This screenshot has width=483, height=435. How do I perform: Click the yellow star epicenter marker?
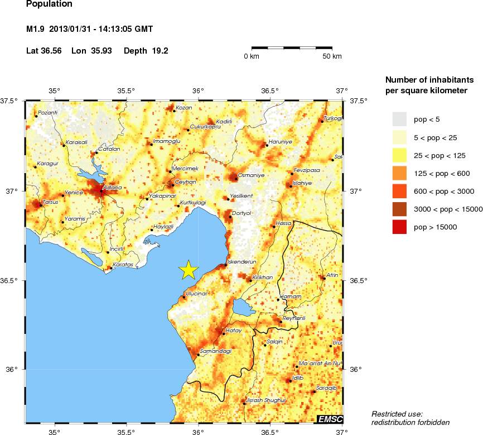[x=189, y=270]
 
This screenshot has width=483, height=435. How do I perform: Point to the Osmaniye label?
[x=250, y=175]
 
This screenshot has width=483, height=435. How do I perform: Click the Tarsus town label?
[x=50, y=202]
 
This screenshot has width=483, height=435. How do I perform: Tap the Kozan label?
[x=183, y=108]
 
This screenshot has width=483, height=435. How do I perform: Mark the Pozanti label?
[x=47, y=113]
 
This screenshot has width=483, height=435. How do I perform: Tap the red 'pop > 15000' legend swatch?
[x=399, y=227]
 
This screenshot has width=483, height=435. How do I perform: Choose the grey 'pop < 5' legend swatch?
[x=399, y=119]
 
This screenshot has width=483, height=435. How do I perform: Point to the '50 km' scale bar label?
[x=333, y=56]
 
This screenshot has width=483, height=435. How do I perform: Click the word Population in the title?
[x=49, y=4]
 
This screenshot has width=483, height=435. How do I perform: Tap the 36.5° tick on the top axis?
[x=270, y=91]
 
